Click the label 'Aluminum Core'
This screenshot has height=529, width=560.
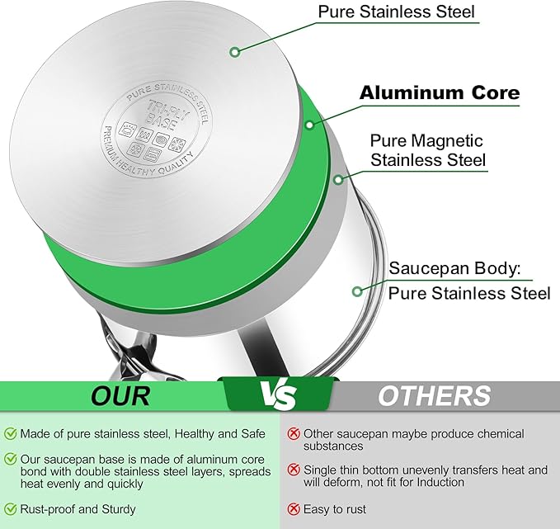point(439,92)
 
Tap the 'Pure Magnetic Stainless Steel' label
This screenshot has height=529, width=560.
point(427,150)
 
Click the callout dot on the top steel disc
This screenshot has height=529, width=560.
point(235,52)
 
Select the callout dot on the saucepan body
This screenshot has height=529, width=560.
point(356,290)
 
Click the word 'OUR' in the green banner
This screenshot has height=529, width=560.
point(120,395)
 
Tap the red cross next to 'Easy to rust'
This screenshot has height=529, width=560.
point(293,509)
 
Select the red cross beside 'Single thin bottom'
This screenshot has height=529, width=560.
point(293,470)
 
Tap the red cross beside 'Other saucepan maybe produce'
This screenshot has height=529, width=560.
point(293,433)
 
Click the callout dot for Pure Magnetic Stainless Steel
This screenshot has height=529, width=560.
point(338,178)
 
